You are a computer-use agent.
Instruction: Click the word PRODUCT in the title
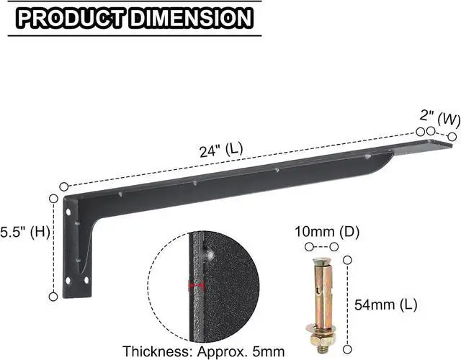71,18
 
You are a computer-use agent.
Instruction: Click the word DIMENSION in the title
191,18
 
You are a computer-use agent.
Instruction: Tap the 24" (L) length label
221,150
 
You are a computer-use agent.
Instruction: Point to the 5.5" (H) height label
24,232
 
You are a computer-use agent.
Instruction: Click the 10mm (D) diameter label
327,232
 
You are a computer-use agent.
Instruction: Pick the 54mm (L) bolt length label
386,305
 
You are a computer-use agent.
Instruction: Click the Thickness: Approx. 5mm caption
203,351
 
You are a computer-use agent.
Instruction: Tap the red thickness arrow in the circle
197,285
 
